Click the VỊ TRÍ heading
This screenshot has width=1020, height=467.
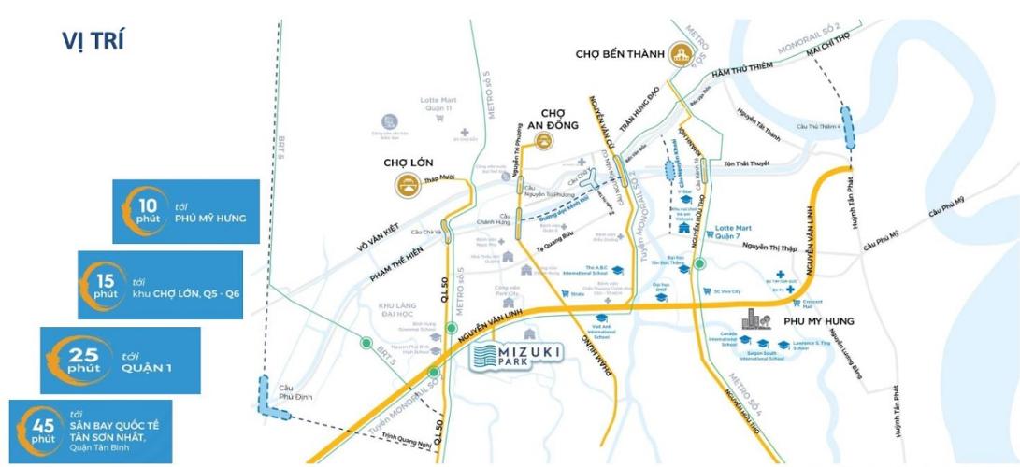pos(93,42)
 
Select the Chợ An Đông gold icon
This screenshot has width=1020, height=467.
pos(542,141)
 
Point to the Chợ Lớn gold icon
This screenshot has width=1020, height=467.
pos(406,185)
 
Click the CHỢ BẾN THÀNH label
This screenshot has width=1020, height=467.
pos(619,54)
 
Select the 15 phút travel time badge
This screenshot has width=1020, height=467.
pos(160,285)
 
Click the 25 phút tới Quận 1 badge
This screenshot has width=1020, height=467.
pos(121,360)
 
